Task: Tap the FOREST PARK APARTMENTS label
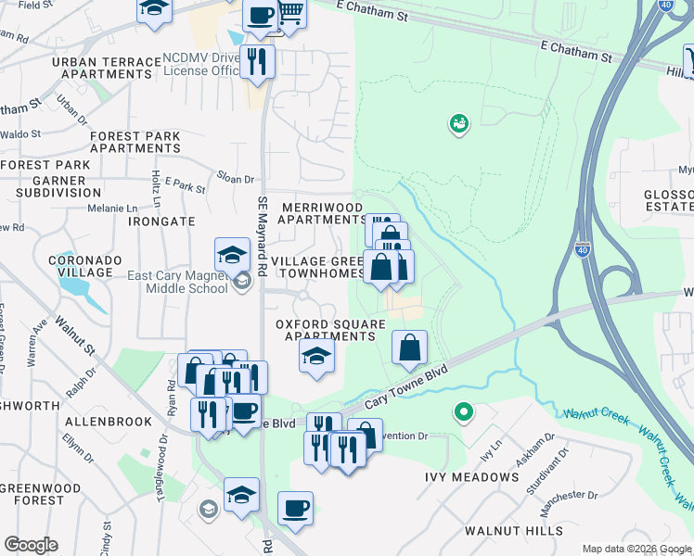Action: [135, 142]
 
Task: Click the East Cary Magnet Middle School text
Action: [179, 282]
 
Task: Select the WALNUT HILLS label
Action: [515, 531]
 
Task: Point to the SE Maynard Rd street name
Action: [263, 231]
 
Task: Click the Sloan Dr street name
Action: [236, 179]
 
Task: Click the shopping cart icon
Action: [291, 14]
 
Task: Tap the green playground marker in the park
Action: [457, 123]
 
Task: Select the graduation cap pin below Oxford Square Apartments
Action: [316, 356]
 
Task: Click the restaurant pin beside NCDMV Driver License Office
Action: [257, 62]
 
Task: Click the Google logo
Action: [31, 545]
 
